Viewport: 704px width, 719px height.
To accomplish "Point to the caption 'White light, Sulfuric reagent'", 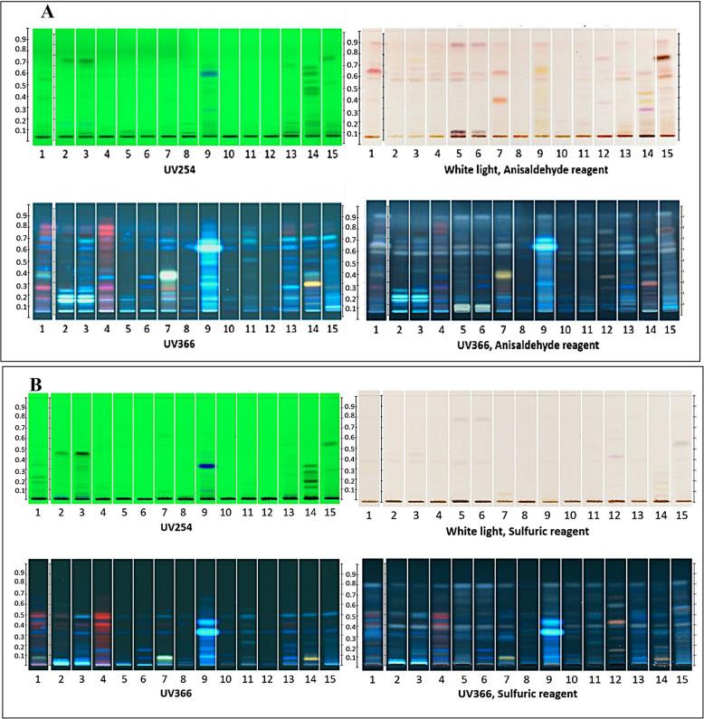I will [x=522, y=531].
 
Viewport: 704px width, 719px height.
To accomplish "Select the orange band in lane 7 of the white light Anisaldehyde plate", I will [x=499, y=100].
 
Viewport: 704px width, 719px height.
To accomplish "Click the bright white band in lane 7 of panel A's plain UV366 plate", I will [x=168, y=275].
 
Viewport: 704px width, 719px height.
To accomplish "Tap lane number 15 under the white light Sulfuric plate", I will [x=681, y=514].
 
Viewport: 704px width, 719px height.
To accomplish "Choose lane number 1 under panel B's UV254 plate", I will [x=39, y=513].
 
